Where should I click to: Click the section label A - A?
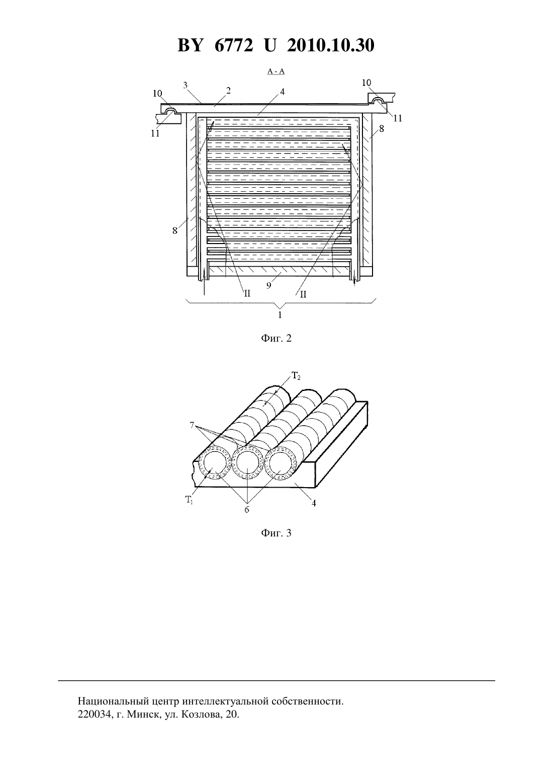click(x=276, y=71)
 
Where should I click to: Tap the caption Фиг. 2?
click(x=276, y=338)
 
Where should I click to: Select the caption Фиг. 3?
click(x=276, y=533)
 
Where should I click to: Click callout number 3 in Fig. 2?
click(x=186, y=85)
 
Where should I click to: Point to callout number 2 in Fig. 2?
click(x=228, y=91)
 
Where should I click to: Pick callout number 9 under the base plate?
click(x=268, y=286)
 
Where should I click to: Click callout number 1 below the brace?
click(x=280, y=315)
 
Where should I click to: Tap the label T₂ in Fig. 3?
click(x=296, y=376)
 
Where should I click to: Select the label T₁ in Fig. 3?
click(x=189, y=500)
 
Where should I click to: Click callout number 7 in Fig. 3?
click(x=192, y=425)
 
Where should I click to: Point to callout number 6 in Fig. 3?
click(x=247, y=510)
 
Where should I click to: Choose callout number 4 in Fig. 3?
click(x=314, y=503)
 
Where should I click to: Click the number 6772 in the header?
click(x=233, y=45)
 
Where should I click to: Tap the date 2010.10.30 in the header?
click(x=331, y=45)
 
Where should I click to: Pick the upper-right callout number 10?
click(x=366, y=83)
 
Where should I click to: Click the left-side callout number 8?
click(x=175, y=230)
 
